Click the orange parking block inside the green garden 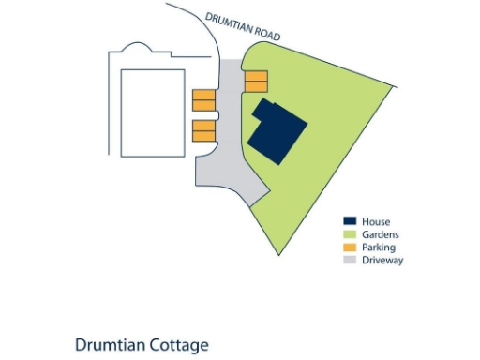tap(256, 82)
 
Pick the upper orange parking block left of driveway tap(203, 99)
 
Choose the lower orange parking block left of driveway tap(203, 130)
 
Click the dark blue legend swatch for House tap(349, 222)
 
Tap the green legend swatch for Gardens tap(349, 234)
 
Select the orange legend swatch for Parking tap(349, 247)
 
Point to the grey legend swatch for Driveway tap(349, 260)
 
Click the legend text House tap(375, 222)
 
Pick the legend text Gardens tap(380, 234)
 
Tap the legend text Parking tap(379, 247)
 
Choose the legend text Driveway tap(382, 260)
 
